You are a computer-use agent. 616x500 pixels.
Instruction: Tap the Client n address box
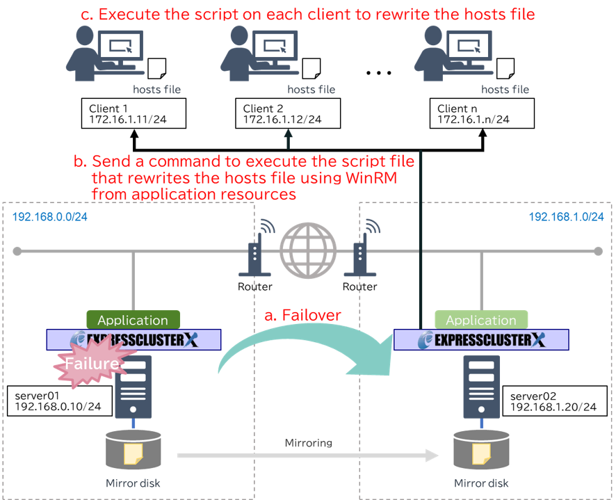coord(482,114)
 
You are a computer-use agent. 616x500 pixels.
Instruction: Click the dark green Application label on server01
coord(133,320)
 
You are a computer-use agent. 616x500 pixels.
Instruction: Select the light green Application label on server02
coord(481,320)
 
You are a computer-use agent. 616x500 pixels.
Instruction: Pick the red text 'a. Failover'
coord(303,315)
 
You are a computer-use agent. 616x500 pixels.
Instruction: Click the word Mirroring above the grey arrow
coord(308,442)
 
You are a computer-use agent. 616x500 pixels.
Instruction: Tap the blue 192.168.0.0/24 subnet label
coord(49,216)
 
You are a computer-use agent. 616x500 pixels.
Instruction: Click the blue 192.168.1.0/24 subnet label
coord(566,216)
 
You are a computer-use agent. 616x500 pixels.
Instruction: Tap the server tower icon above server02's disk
coord(481,387)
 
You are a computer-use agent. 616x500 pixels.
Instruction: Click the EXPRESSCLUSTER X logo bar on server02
coord(481,340)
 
